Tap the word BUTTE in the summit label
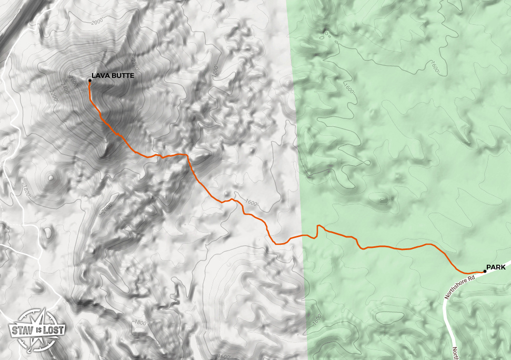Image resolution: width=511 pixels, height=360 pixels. [x=122, y=76]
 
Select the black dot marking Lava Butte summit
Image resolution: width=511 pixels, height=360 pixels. [x=89, y=81]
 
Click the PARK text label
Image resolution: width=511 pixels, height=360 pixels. [x=496, y=267]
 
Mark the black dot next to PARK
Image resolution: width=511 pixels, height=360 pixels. [x=485, y=272]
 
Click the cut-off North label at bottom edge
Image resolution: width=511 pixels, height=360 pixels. [x=455, y=352]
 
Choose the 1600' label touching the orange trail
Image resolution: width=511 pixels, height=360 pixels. [x=252, y=203]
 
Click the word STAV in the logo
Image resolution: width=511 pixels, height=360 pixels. [x=21, y=332]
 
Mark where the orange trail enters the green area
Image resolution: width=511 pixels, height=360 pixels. [x=304, y=235]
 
